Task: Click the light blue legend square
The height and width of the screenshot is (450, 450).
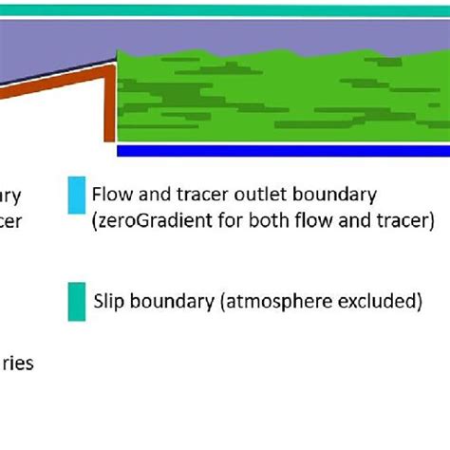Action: [75, 197]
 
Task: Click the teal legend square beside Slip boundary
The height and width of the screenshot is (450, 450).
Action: [75, 301]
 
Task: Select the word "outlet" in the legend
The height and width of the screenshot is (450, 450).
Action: [268, 197]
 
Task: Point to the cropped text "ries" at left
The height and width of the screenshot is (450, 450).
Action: [19, 364]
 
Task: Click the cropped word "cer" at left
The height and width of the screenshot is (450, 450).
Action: [9, 222]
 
